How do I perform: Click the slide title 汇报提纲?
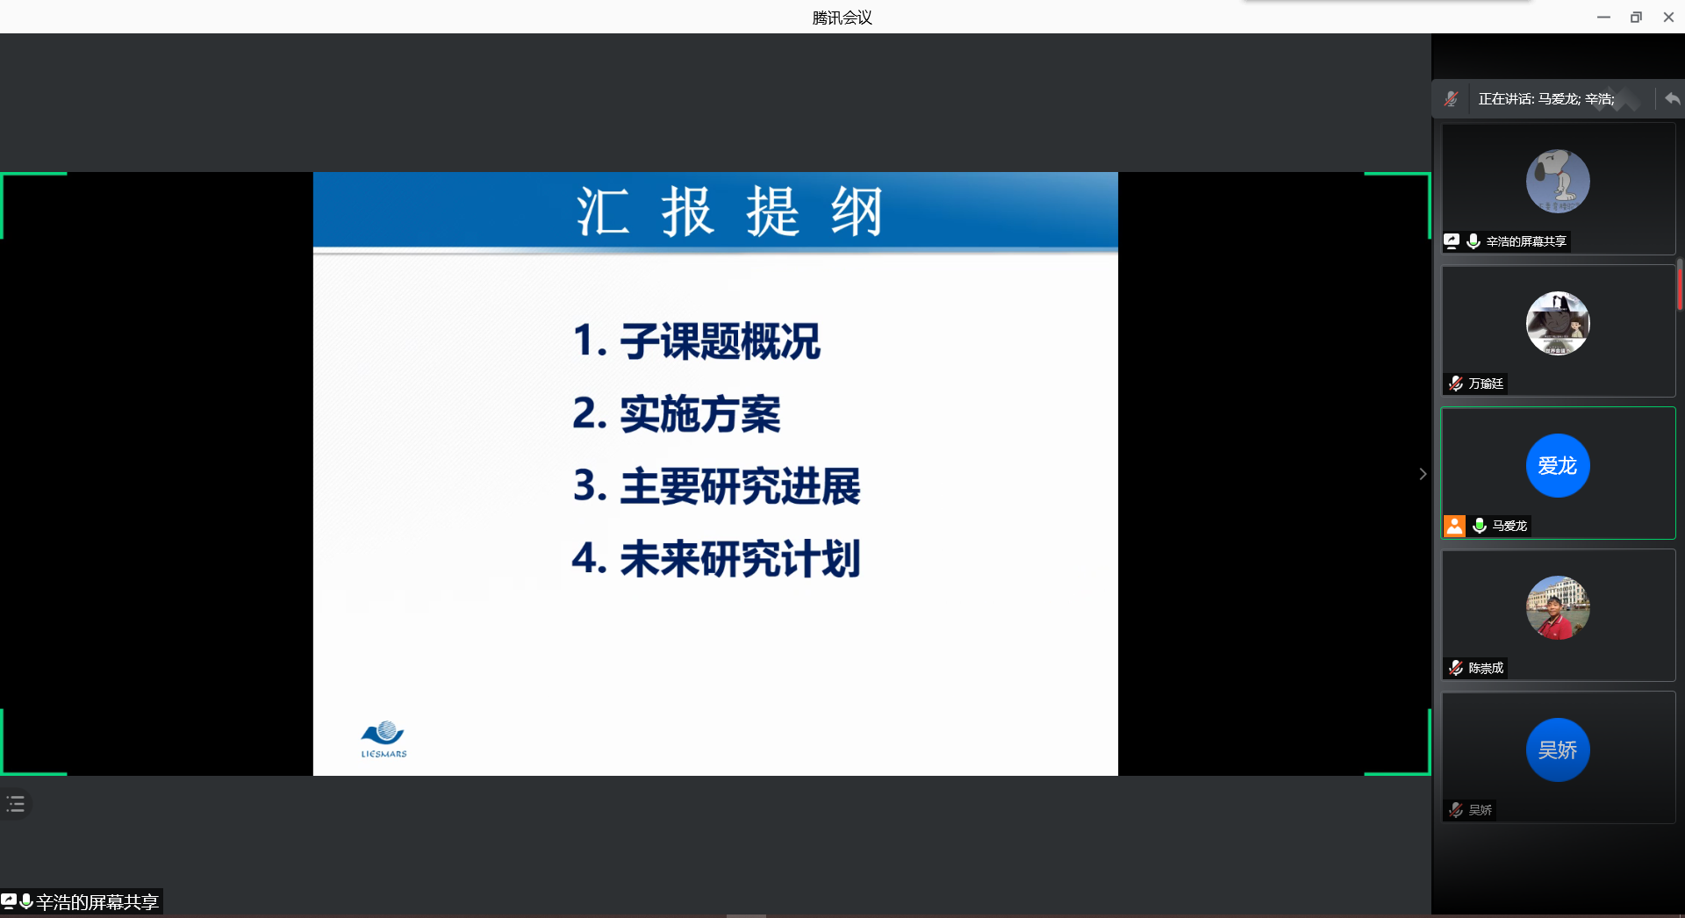point(728,212)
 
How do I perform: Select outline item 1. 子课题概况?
point(696,341)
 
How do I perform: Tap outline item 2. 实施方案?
point(676,413)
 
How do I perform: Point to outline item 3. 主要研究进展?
point(716,486)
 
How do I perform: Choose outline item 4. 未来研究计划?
point(716,558)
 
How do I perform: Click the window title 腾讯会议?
point(842,18)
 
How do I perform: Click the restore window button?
point(1636,18)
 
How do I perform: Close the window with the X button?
point(1668,18)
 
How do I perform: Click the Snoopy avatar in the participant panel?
point(1558,181)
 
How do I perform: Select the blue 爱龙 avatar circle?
point(1558,465)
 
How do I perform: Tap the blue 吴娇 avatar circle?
point(1558,749)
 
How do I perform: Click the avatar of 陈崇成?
point(1558,607)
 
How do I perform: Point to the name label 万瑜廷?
point(1486,384)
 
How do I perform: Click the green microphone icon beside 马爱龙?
point(1480,526)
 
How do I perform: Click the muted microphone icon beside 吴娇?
point(1456,810)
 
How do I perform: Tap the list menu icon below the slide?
point(16,804)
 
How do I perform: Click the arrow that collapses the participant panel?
point(1423,474)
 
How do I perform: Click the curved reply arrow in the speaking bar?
point(1672,99)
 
